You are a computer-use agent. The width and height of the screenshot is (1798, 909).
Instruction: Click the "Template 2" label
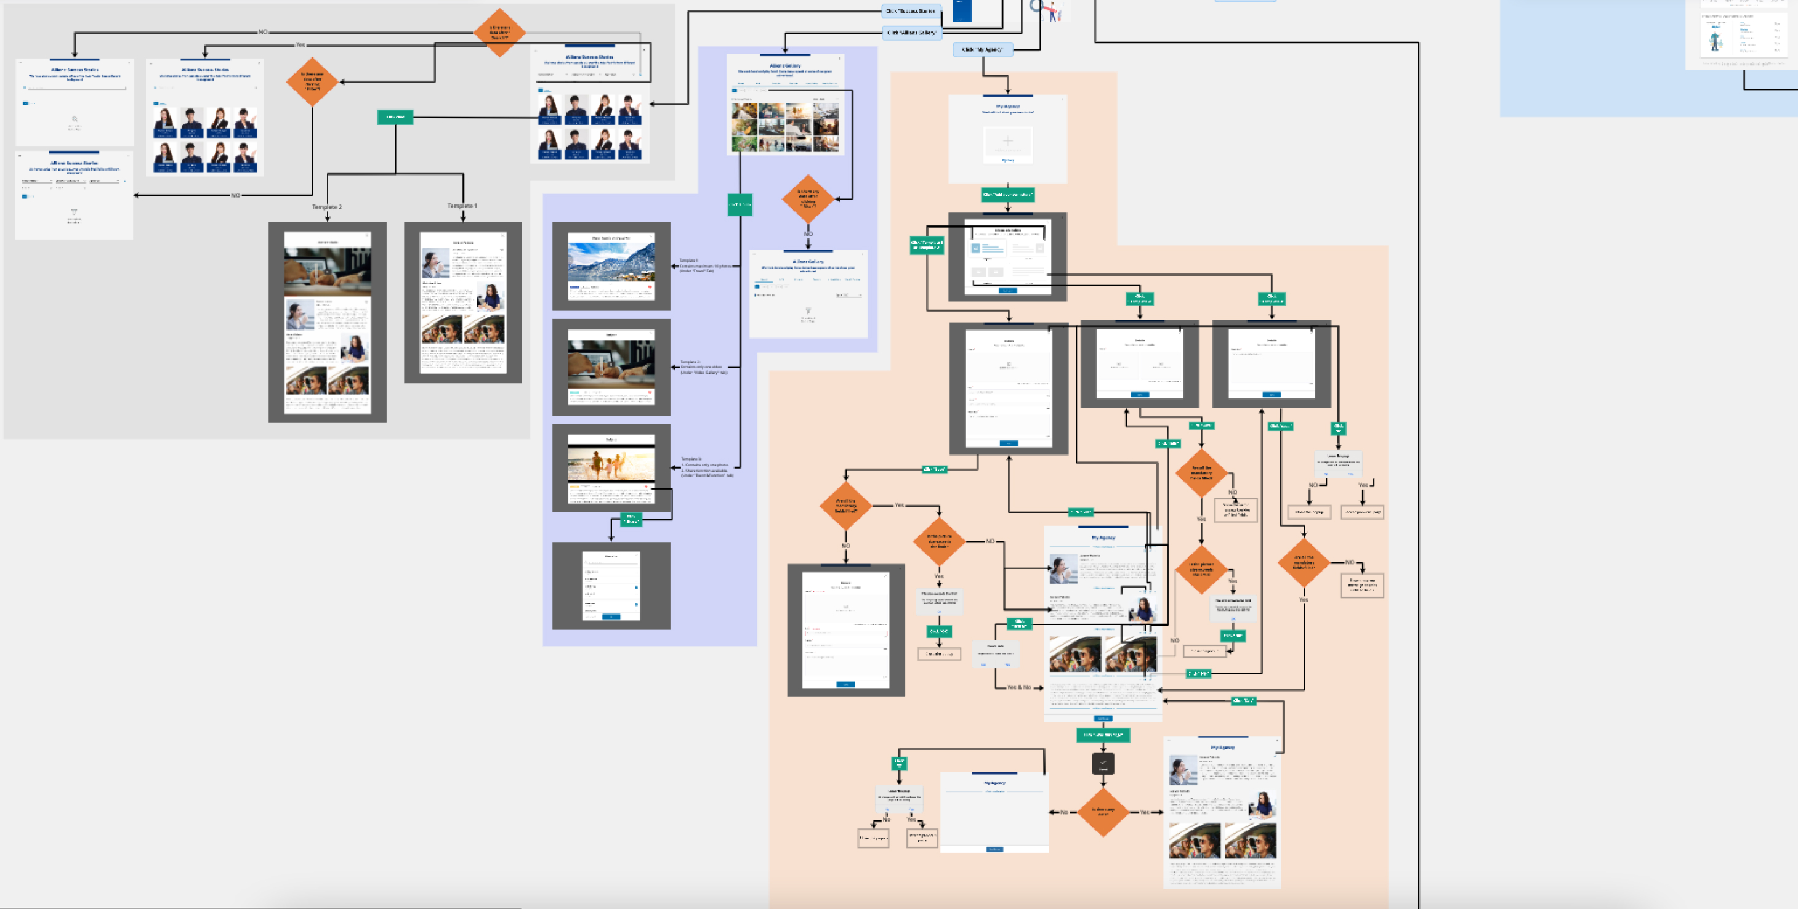tap(326, 207)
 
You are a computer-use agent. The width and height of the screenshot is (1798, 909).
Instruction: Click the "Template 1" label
tap(462, 206)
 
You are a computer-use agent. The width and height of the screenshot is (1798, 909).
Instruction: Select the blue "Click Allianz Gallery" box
tap(911, 33)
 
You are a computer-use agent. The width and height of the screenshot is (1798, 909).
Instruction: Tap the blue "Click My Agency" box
tap(983, 49)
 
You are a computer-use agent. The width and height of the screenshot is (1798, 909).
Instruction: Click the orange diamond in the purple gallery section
tap(808, 199)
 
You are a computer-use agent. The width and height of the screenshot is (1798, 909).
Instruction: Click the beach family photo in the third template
tap(611, 464)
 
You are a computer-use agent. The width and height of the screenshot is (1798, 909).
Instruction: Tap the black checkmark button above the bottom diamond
tap(1103, 763)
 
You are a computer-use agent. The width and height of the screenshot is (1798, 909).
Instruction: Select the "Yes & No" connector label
tap(1019, 688)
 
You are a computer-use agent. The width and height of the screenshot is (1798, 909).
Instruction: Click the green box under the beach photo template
tap(631, 519)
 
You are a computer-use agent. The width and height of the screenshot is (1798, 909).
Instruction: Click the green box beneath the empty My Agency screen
tap(1007, 195)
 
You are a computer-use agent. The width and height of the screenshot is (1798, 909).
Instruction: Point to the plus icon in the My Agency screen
tap(1007, 141)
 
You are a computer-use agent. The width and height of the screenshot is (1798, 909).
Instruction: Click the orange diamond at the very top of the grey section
tap(500, 32)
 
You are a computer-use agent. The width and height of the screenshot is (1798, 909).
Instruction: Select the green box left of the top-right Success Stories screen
tap(395, 117)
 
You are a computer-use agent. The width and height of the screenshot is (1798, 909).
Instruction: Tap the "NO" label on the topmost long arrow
tap(263, 32)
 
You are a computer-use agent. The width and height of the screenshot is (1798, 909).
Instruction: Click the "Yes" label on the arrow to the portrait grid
tap(300, 45)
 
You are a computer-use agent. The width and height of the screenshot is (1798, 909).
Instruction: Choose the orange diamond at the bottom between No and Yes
tap(1103, 812)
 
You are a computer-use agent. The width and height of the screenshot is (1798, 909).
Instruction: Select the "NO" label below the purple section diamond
tap(808, 234)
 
